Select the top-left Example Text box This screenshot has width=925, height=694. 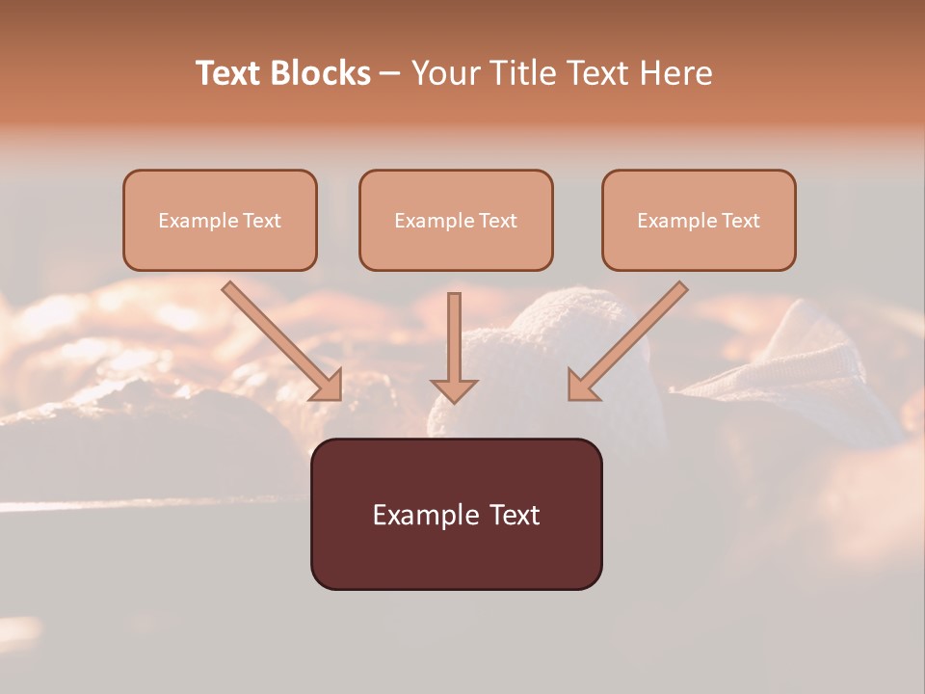tap(220, 220)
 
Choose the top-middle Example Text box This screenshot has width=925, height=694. tap(456, 220)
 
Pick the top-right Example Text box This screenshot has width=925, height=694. tap(699, 220)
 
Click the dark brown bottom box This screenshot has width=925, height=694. tap(456, 514)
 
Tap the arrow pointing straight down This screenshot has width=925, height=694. tap(454, 347)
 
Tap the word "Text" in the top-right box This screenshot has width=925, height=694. tap(740, 221)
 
